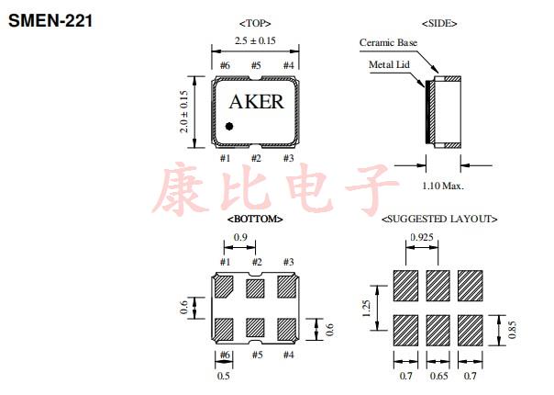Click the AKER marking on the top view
(255, 102)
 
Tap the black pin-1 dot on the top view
(230, 126)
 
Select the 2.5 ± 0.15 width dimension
(255, 41)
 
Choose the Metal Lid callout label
(389, 65)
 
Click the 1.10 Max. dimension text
(442, 186)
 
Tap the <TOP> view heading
(254, 22)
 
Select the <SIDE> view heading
(439, 22)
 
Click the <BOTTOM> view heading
(254, 220)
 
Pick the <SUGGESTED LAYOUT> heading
(439, 220)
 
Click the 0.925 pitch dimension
(423, 237)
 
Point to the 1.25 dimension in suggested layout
(367, 310)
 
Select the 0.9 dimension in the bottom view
(239, 238)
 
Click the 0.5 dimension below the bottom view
(223, 376)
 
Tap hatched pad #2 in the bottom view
(256, 288)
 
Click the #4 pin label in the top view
(288, 65)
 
